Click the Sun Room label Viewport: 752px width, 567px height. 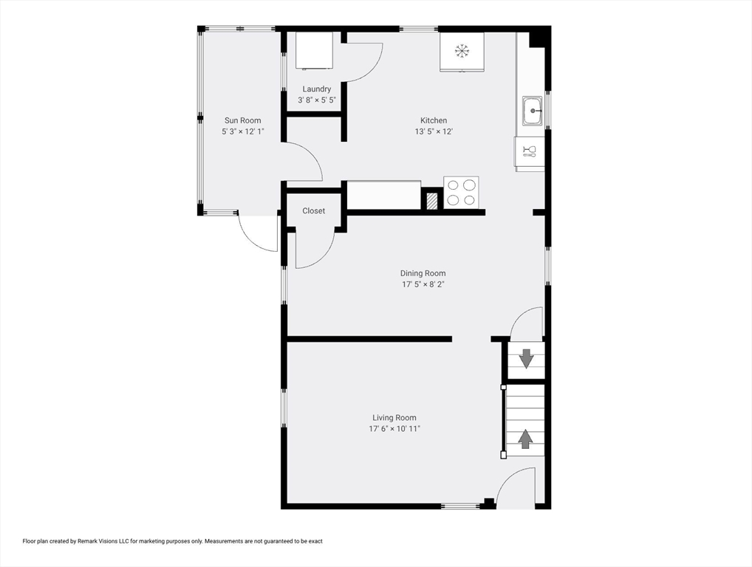(243, 120)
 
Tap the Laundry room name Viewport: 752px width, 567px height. (316, 89)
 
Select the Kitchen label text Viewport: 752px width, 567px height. (434, 120)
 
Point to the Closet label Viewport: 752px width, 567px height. (314, 211)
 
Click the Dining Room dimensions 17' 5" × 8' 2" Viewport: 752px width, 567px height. (423, 284)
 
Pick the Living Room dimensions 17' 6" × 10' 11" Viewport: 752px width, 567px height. (394, 428)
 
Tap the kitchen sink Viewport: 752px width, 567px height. (533, 111)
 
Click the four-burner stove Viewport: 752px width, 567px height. (462, 193)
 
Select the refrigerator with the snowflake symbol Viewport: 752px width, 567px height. (462, 52)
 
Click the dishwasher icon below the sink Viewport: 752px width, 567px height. (530, 152)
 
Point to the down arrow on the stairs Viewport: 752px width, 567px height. (527, 359)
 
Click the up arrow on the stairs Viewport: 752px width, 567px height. (526, 439)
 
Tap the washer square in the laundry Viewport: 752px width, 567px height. (314, 51)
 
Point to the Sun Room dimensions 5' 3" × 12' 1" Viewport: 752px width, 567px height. (243, 131)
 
